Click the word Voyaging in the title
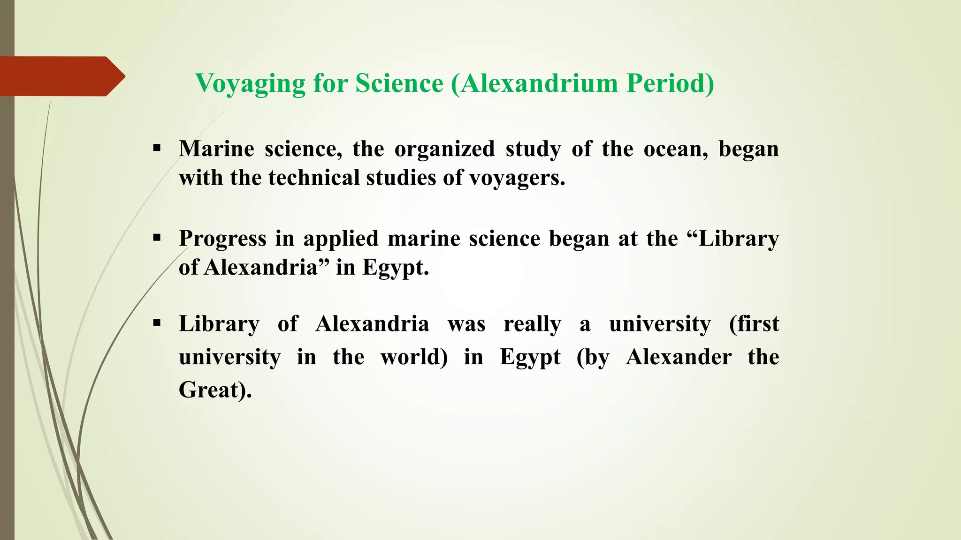pos(250,84)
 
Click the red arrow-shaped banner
pos(61,76)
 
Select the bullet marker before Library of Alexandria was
pos(157,323)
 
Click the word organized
pos(444,150)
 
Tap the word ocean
pos(675,150)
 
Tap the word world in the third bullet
pos(413,357)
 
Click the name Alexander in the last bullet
pos(679,357)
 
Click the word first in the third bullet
pos(754,324)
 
